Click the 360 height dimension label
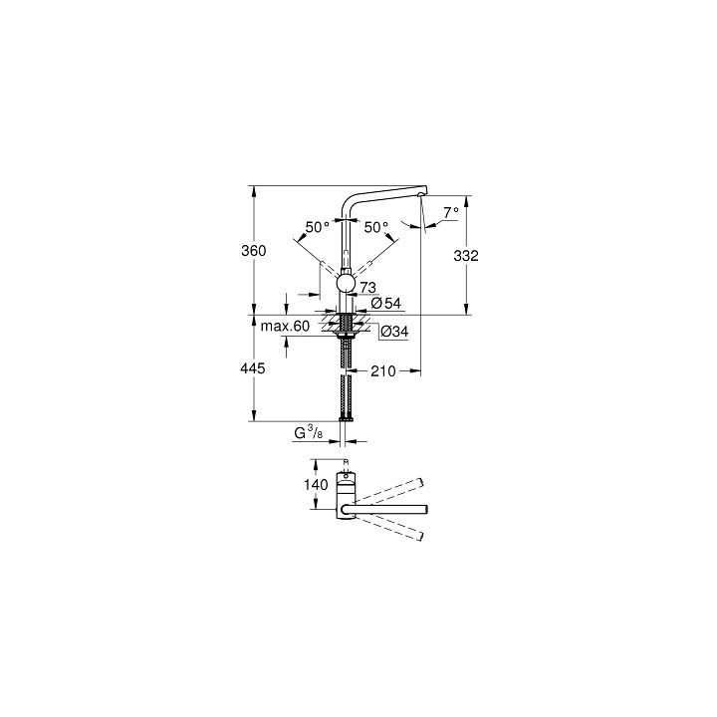(254, 252)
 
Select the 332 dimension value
(466, 256)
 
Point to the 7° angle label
(450, 212)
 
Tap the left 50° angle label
(317, 227)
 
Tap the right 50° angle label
(375, 227)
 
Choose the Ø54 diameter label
(383, 303)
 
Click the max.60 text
(286, 326)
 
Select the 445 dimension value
(254, 368)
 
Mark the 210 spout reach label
(384, 371)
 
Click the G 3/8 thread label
(307, 434)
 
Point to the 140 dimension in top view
(318, 485)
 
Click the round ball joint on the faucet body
(345, 285)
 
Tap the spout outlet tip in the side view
(423, 195)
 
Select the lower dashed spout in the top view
(393, 528)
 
